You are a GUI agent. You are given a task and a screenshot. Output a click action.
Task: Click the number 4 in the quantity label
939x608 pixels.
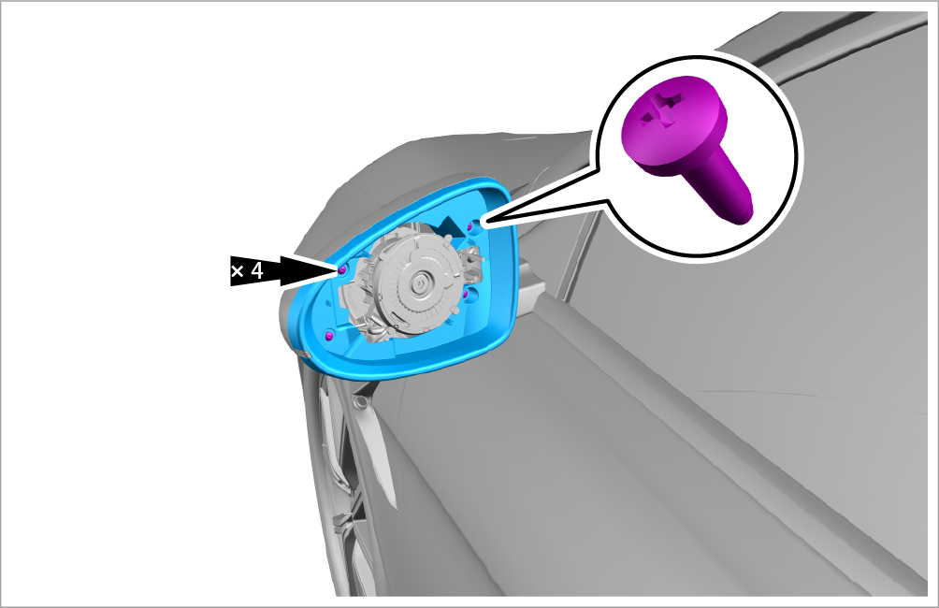tap(257, 270)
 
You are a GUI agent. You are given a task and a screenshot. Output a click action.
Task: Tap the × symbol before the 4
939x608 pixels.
tap(238, 272)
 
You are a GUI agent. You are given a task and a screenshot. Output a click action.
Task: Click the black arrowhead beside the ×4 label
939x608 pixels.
tap(306, 270)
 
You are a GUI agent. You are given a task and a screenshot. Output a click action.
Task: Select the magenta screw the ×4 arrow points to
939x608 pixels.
tap(342, 270)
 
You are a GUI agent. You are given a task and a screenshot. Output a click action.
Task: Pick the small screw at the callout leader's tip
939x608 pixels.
tap(470, 225)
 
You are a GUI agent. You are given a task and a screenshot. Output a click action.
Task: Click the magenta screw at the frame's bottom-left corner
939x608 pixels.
tap(328, 336)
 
